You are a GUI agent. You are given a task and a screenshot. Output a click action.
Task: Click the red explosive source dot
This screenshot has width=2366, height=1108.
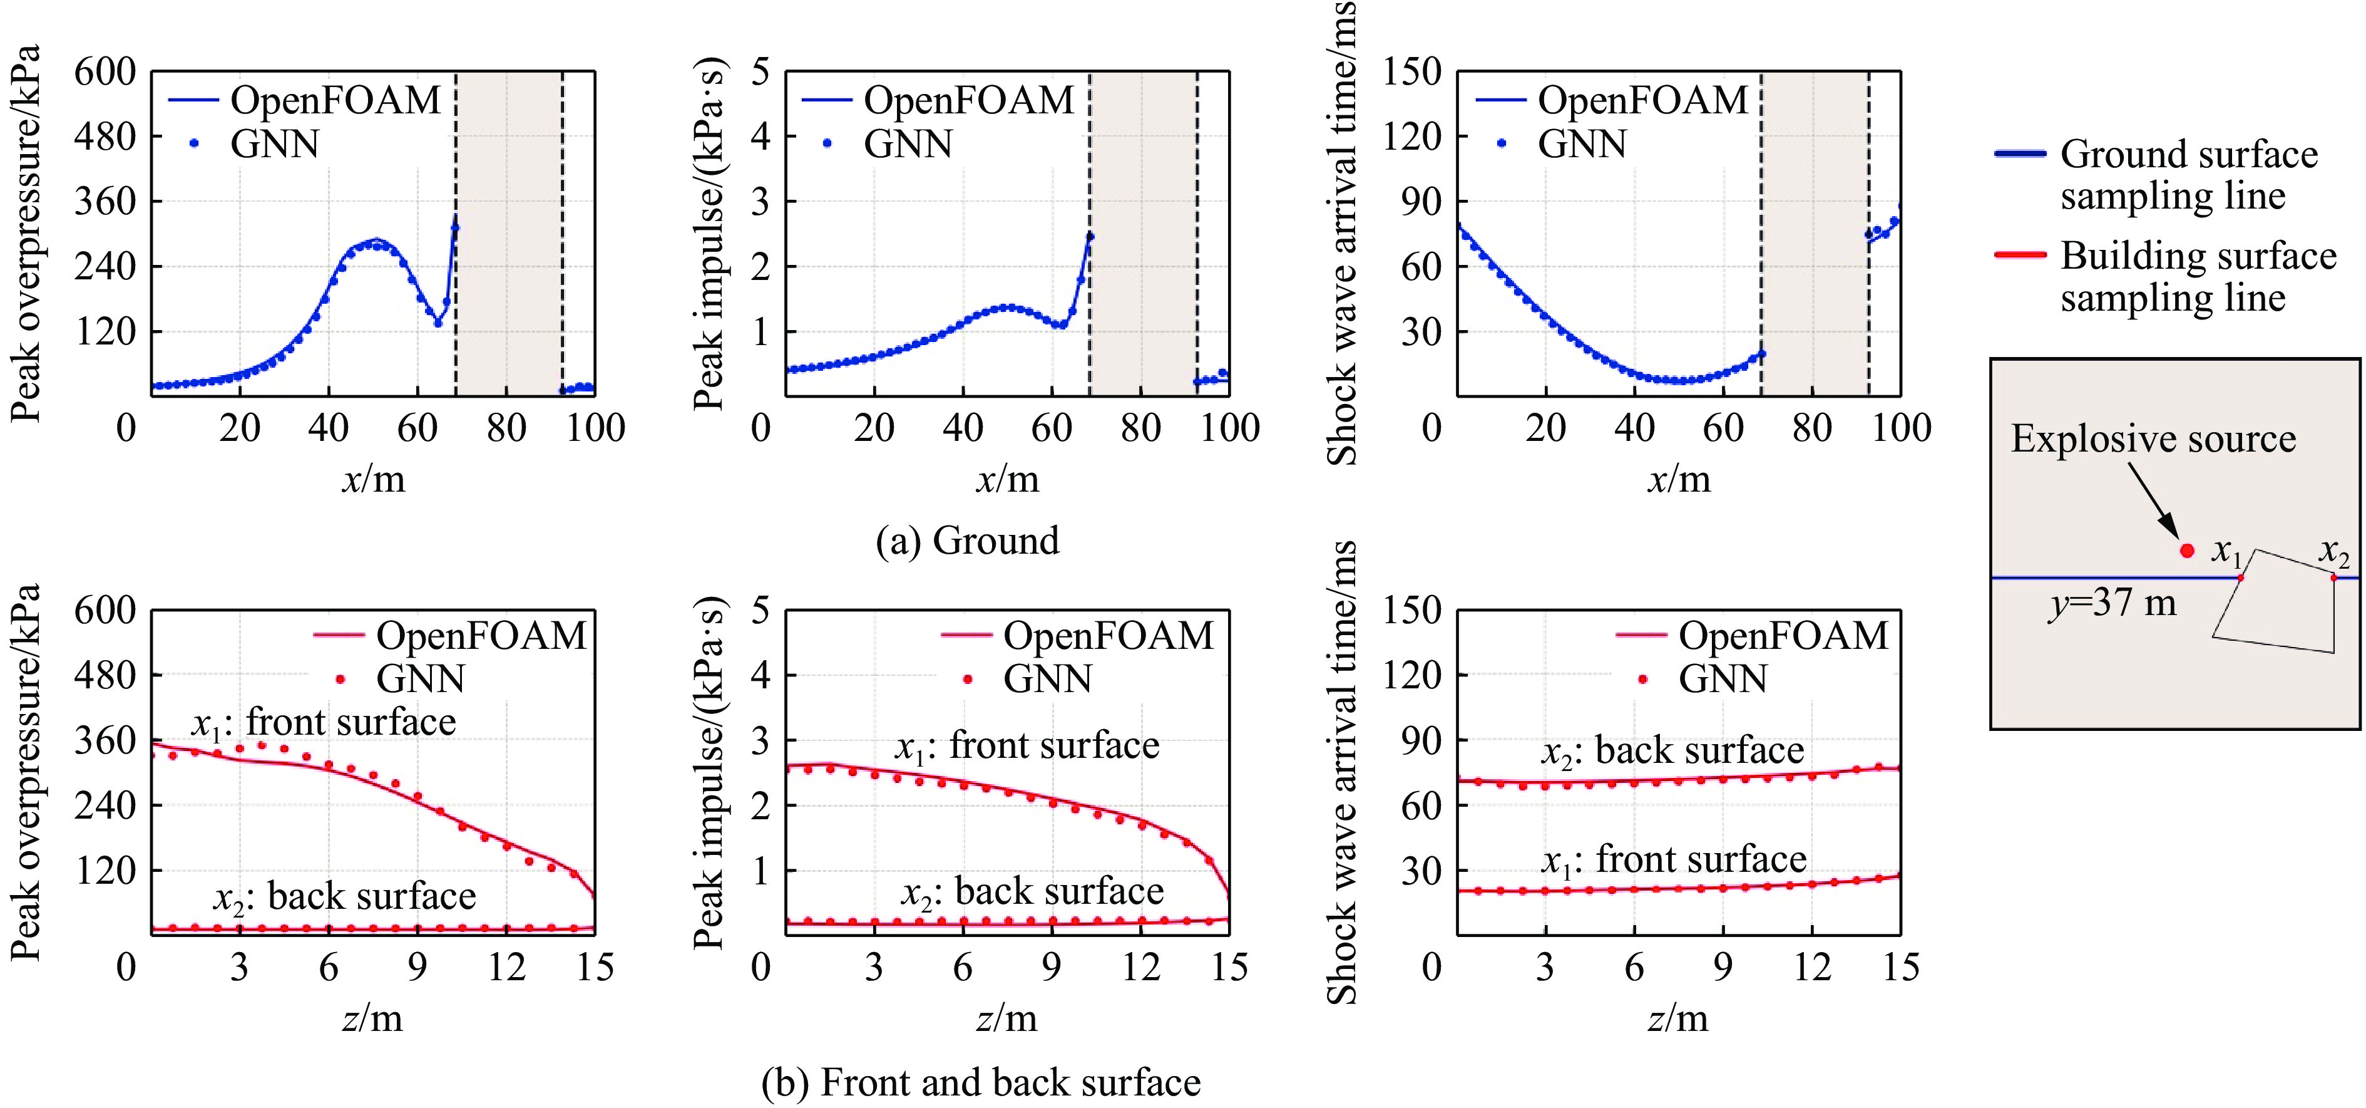(x=2187, y=551)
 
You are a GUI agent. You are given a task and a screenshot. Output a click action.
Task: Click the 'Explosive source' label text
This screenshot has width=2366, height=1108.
(x=2153, y=439)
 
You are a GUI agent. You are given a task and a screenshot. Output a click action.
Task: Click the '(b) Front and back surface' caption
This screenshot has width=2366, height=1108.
(x=981, y=1082)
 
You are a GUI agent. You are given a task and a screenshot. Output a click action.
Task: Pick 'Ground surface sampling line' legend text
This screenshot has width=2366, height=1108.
(x=2189, y=175)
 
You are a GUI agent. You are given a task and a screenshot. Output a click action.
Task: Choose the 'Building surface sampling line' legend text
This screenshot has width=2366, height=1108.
(x=2198, y=277)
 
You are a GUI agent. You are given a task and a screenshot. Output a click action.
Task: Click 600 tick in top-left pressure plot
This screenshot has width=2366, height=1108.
(x=105, y=71)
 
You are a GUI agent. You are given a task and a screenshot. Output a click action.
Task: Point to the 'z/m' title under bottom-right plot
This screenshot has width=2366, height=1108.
(x=1678, y=1018)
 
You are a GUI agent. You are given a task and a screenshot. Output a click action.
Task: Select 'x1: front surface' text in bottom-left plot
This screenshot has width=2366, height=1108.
(x=324, y=723)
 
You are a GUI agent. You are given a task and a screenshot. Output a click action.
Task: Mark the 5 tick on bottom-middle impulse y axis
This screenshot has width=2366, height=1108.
(x=760, y=610)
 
